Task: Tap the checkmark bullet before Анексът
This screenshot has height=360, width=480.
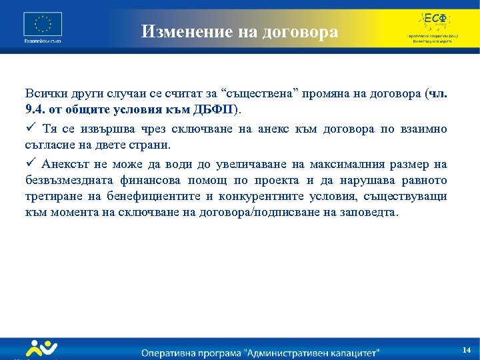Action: click(30, 164)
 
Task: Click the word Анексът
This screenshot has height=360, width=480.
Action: click(67, 164)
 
